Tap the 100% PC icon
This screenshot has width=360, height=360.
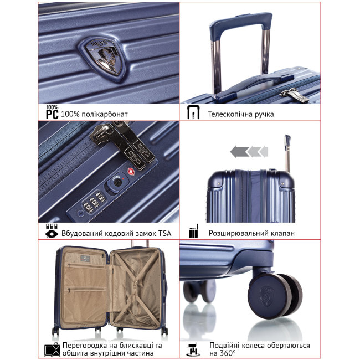[52, 112]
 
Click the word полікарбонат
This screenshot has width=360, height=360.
[106, 114]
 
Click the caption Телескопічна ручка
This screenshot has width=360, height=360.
[240, 114]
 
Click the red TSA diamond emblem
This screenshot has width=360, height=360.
[131, 172]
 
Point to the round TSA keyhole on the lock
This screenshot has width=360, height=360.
[116, 181]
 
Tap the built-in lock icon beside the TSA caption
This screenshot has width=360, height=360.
[52, 231]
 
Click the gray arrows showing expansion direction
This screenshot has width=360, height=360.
[249, 151]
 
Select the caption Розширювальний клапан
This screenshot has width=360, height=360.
[251, 233]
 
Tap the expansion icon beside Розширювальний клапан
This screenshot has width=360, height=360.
[193, 232]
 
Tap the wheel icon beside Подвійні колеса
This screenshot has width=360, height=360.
[193, 348]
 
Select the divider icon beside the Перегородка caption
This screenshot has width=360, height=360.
[52, 349]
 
